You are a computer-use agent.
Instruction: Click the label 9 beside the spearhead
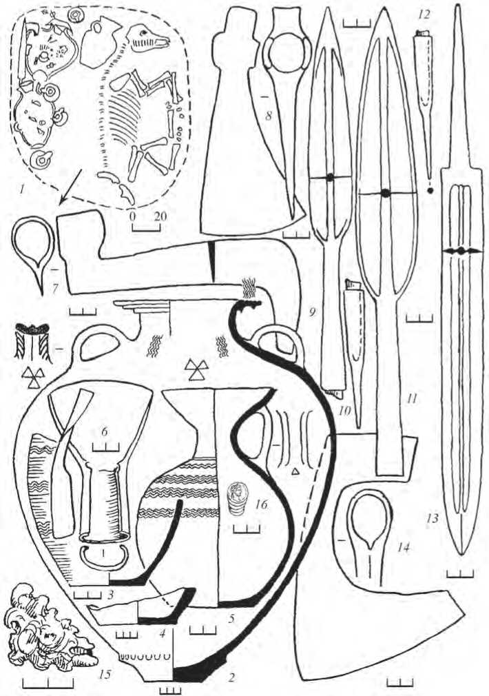pos(313,311)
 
